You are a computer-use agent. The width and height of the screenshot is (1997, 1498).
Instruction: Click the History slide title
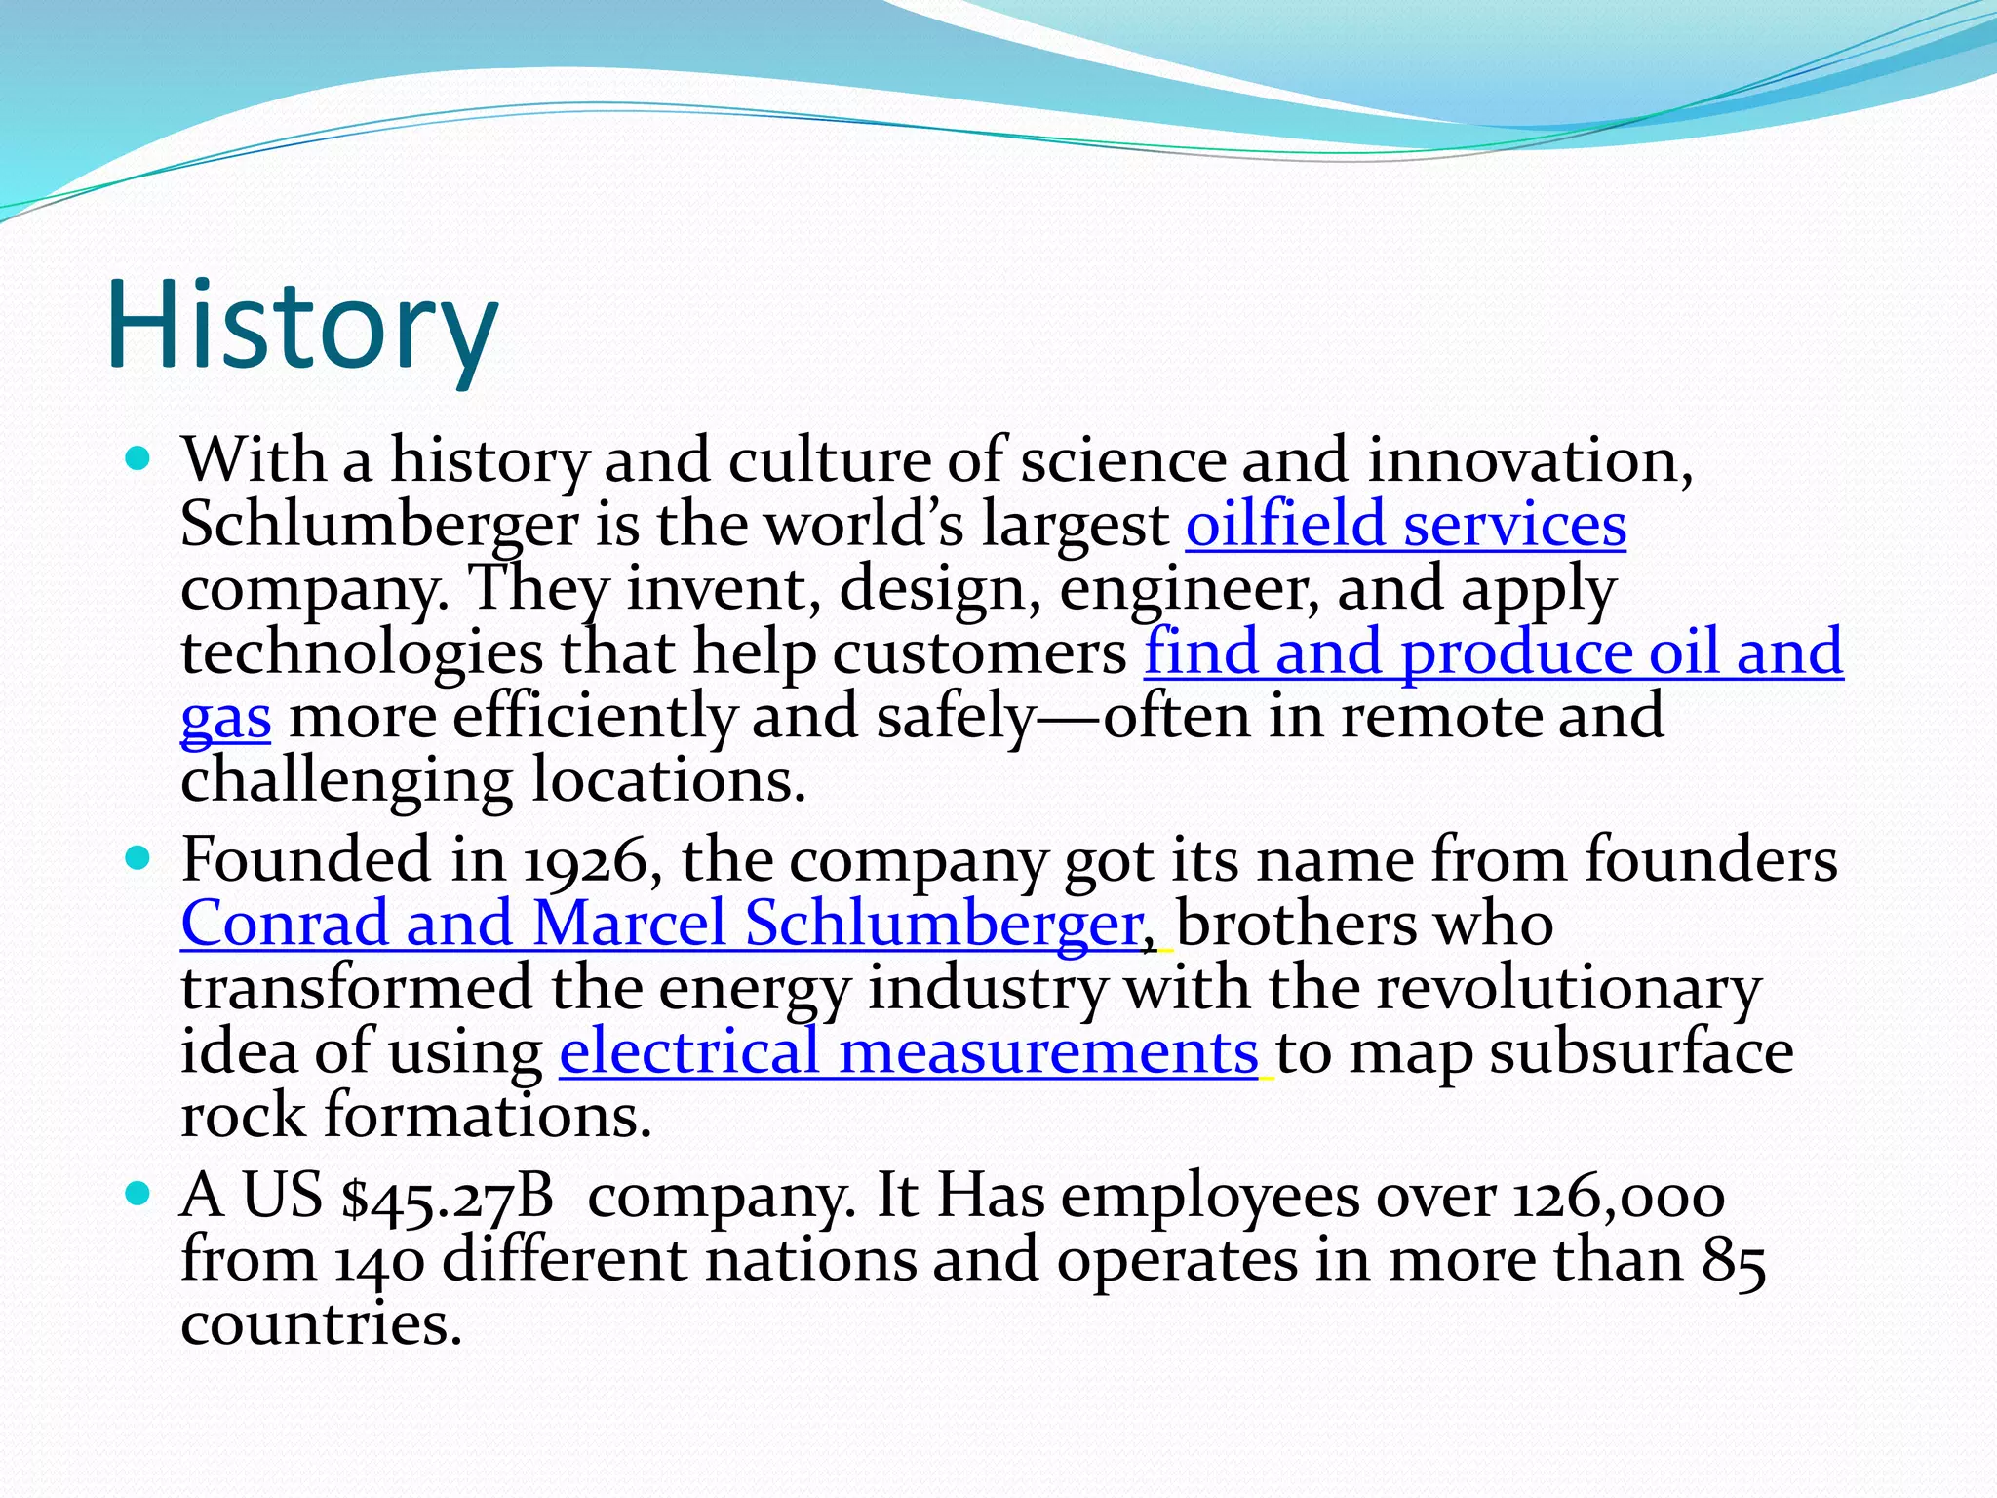[302, 325]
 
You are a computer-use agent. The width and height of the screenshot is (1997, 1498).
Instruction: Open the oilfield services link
[1405, 524]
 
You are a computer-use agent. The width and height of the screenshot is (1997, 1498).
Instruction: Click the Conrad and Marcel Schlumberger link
[662, 923]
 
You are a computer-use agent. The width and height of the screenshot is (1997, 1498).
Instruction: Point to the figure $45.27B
[448, 1196]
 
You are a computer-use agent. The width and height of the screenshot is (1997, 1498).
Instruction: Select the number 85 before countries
[1734, 1260]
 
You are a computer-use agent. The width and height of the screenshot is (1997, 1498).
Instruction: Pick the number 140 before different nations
[379, 1260]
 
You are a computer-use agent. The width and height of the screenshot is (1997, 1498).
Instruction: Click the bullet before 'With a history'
[138, 457]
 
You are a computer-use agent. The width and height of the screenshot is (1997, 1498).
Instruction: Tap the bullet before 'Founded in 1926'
[138, 858]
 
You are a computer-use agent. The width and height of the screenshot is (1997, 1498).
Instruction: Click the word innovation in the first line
[1528, 459]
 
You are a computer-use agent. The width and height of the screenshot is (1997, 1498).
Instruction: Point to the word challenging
[346, 781]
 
